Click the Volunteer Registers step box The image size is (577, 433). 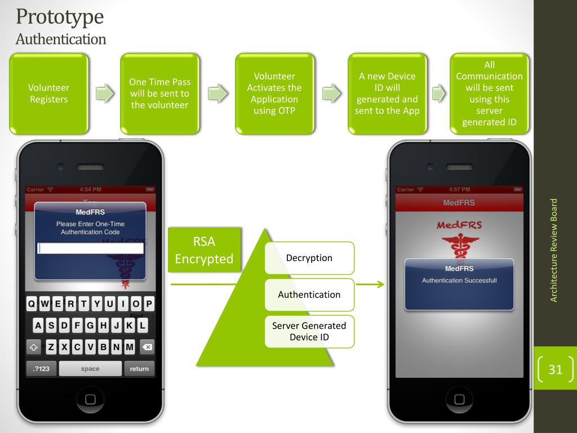[x=49, y=94]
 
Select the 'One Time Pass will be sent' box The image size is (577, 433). [x=159, y=94]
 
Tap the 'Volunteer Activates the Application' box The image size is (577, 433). [x=274, y=94]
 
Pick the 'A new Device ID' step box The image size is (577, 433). [x=387, y=94]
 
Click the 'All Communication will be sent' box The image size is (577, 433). [x=489, y=94]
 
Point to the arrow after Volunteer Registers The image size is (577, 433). [x=104, y=94]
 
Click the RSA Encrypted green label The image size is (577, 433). [x=203, y=250]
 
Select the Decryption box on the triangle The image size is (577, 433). [x=309, y=258]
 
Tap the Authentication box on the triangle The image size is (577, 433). [x=309, y=294]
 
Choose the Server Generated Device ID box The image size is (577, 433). [x=309, y=331]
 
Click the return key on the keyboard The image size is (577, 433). [x=139, y=369]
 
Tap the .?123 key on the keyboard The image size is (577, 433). [x=41, y=369]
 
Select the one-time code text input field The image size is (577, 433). [x=90, y=248]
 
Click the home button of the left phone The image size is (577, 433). [x=90, y=400]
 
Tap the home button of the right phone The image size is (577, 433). [x=459, y=400]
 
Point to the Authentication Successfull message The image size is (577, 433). [x=459, y=281]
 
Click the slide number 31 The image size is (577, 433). [x=556, y=370]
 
